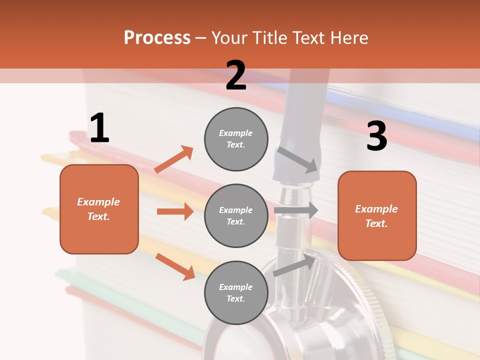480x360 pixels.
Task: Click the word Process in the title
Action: click(157, 38)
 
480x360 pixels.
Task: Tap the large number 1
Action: click(99, 128)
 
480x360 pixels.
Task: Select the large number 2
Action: click(236, 75)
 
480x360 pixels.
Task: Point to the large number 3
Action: click(376, 136)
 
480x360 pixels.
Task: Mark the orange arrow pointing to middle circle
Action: click(175, 211)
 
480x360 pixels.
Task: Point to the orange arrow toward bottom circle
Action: click(175, 266)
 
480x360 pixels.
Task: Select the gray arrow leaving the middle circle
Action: click(296, 210)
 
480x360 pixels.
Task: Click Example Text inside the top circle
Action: click(236, 139)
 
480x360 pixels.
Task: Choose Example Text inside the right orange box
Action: click(376, 216)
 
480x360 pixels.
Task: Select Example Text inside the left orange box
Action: click(98, 209)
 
